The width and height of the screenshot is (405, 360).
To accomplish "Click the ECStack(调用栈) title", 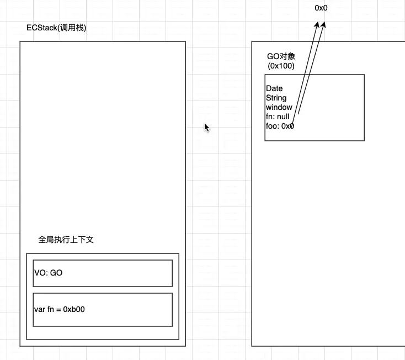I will [56, 28].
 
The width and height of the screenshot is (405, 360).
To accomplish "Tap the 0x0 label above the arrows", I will [321, 8].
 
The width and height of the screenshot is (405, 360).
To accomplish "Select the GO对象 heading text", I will [281, 56].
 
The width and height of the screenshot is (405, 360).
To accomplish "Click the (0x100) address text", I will [281, 66].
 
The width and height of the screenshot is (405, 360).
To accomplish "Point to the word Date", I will [274, 88].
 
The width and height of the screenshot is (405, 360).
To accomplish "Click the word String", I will [276, 98].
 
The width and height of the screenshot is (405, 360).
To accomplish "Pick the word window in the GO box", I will [279, 107].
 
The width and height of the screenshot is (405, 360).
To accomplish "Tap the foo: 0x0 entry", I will [280, 126].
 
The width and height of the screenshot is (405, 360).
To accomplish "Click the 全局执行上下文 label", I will [66, 240].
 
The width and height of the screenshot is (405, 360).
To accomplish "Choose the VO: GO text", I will [48, 273].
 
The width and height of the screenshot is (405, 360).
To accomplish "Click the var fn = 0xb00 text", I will [60, 309].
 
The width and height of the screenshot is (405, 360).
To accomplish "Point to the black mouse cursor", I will [206, 127].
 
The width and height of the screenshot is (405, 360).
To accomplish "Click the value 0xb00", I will [73, 309].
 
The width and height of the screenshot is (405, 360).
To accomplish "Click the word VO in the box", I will [40, 273].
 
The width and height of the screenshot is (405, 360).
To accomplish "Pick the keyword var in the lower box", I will [39, 309].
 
